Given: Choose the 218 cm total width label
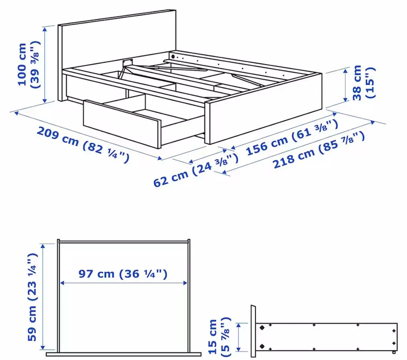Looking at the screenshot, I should pyautogui.click(x=319, y=150).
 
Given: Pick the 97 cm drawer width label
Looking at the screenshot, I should pyautogui.click(x=123, y=274).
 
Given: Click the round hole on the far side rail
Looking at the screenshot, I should pyautogui.click(x=173, y=57).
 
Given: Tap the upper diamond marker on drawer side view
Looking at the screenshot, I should pyautogui.click(x=262, y=328).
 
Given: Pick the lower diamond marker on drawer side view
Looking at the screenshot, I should pyautogui.click(x=262, y=346).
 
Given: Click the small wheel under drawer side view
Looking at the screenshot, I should pyautogui.click(x=394, y=352).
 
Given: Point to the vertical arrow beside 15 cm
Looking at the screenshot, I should pyautogui.click(x=239, y=337).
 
